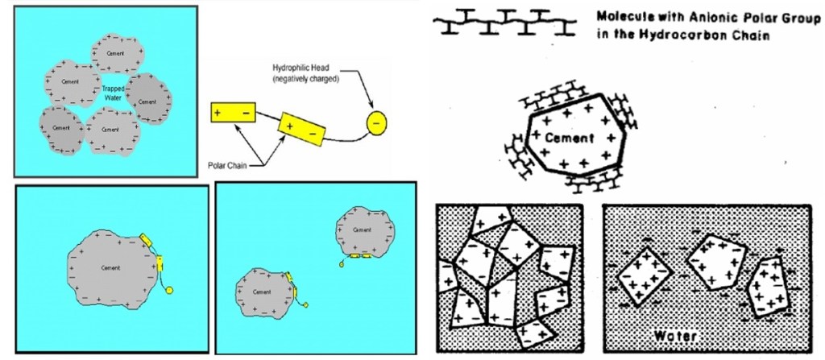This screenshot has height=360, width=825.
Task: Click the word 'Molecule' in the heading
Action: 622,15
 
